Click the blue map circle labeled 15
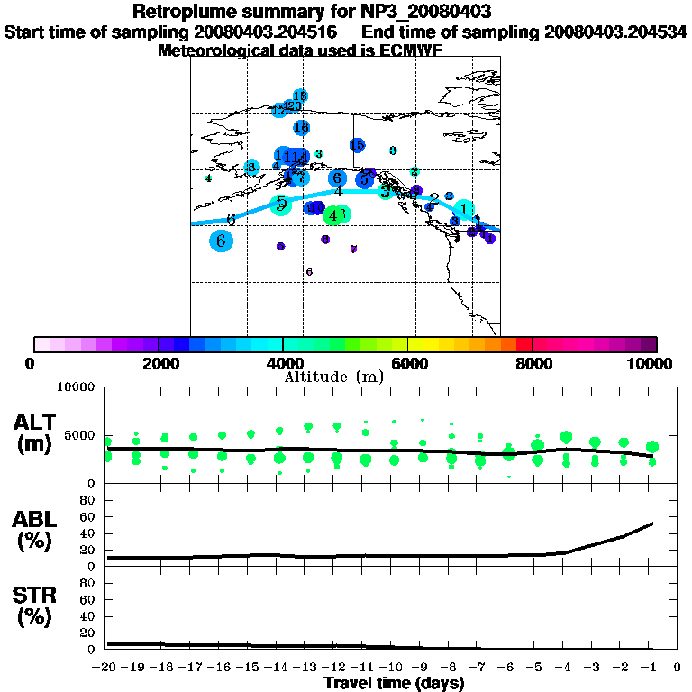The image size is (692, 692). tap(357, 145)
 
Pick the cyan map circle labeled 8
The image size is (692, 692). tap(251, 168)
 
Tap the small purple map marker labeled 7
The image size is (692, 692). tap(353, 249)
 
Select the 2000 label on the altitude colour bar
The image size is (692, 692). tap(159, 364)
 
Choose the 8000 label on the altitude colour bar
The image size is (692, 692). tap(533, 364)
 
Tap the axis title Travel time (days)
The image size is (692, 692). tap(394, 683)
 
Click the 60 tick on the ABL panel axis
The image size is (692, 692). tap(88, 516)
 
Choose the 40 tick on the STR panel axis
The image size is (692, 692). tap(88, 615)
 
